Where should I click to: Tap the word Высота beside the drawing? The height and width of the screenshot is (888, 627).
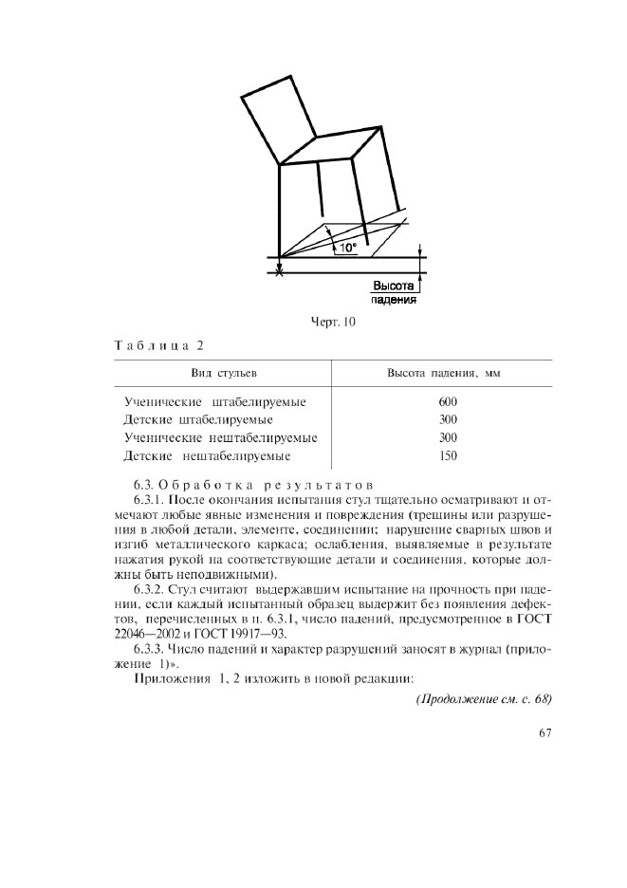click(x=393, y=285)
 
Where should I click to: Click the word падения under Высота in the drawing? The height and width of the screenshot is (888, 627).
click(x=393, y=299)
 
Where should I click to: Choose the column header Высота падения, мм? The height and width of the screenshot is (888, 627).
click(x=442, y=373)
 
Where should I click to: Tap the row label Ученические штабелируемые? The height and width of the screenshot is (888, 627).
click(x=214, y=401)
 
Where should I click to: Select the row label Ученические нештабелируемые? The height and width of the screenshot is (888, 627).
click(x=220, y=437)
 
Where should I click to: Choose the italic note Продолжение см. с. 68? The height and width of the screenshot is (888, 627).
click(x=484, y=699)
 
